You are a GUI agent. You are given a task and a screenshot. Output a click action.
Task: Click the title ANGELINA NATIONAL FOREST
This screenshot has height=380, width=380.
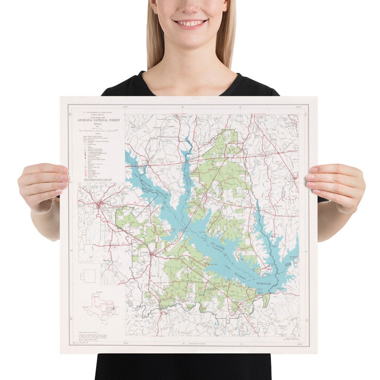coord(99,120)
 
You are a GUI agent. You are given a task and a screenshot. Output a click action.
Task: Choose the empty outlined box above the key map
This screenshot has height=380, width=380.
coord(88,277)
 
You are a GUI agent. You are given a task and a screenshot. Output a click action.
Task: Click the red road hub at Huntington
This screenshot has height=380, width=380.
coord(100,203)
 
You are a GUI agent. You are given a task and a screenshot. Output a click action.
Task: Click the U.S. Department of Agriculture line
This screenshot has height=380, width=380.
coord(98,113)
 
